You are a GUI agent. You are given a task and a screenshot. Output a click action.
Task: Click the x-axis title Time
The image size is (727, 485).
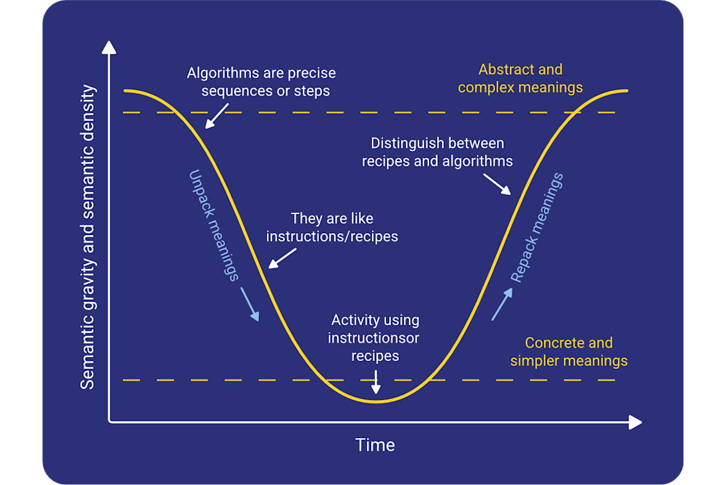375,445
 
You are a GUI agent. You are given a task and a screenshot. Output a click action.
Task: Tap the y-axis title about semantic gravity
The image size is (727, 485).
88,237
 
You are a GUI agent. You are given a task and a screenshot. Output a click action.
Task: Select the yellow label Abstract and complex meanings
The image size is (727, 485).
520,78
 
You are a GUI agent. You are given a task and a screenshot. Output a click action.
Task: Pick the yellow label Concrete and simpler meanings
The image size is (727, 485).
569,352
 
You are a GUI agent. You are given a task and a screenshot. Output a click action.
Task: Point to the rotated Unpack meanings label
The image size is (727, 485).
214,226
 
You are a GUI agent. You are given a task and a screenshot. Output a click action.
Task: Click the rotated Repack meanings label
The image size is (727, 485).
537,228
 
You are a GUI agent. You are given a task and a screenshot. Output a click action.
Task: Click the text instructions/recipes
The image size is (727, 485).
332,237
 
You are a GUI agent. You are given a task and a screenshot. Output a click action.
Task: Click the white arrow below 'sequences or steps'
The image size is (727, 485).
216,116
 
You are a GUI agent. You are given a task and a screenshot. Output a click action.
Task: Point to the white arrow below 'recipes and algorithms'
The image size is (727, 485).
497,184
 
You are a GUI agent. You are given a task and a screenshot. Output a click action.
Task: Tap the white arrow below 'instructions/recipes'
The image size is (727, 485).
282,259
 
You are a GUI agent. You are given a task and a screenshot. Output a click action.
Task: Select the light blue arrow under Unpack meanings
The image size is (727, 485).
250,304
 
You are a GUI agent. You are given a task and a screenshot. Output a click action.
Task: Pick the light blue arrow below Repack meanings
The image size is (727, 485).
502,304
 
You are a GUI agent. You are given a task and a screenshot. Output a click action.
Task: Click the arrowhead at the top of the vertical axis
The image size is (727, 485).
109,47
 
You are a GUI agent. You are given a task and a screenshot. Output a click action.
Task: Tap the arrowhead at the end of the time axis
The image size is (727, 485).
636,422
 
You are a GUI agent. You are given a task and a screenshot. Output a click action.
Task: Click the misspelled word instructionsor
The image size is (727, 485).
373,338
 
